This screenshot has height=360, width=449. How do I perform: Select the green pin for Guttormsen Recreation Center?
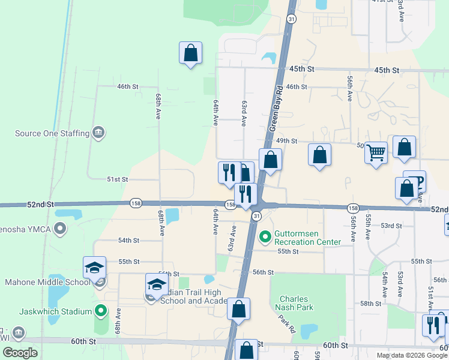(x=265, y=238)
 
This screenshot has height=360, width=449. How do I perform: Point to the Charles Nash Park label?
(x=294, y=304)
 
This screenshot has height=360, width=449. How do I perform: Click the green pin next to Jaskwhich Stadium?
(x=101, y=311)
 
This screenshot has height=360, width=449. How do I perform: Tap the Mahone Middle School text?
(x=45, y=281)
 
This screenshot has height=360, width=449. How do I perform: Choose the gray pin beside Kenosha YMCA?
(x=59, y=229)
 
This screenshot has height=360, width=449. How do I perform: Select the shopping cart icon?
(x=376, y=152)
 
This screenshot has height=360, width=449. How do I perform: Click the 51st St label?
(x=118, y=179)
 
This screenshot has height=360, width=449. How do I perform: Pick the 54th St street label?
(x=128, y=240)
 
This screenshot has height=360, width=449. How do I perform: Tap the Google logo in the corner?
(x=20, y=353)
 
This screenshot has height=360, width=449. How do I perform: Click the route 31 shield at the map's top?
(x=291, y=19)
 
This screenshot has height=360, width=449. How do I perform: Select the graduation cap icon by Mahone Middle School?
(x=95, y=268)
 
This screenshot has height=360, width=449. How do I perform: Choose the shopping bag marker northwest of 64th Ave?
(x=190, y=53)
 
